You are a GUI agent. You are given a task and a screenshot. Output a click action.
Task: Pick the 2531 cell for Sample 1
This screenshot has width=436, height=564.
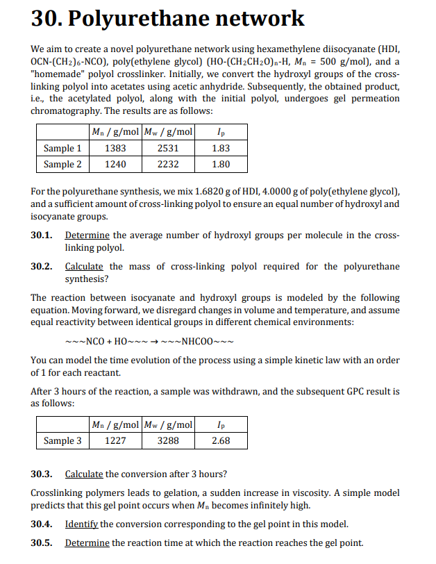click(x=169, y=148)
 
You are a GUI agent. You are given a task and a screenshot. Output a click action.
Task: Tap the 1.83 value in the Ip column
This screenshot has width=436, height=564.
click(x=221, y=148)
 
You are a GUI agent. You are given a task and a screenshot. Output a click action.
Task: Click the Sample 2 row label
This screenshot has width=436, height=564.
click(x=62, y=164)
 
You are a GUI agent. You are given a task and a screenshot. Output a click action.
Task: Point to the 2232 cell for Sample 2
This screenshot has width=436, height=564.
click(x=169, y=164)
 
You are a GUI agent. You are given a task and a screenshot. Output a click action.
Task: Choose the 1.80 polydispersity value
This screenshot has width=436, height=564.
click(x=221, y=164)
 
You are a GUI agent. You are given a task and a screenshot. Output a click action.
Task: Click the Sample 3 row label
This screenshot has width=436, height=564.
click(x=62, y=440)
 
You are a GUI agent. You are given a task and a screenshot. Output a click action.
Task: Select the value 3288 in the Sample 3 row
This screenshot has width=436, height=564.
click(x=169, y=440)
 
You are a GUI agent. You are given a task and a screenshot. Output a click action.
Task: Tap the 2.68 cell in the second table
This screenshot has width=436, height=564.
click(x=221, y=440)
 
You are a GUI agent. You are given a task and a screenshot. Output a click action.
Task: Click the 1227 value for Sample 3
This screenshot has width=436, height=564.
click(x=115, y=440)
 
